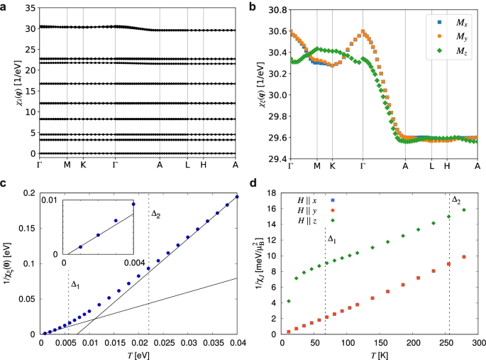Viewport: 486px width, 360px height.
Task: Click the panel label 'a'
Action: (5, 6)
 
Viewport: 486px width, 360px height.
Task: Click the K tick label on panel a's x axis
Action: (83, 165)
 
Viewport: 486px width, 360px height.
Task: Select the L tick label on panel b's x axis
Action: (431, 165)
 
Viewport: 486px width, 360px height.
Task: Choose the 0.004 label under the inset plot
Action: (136, 263)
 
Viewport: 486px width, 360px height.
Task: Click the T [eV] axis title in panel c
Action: (138, 354)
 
